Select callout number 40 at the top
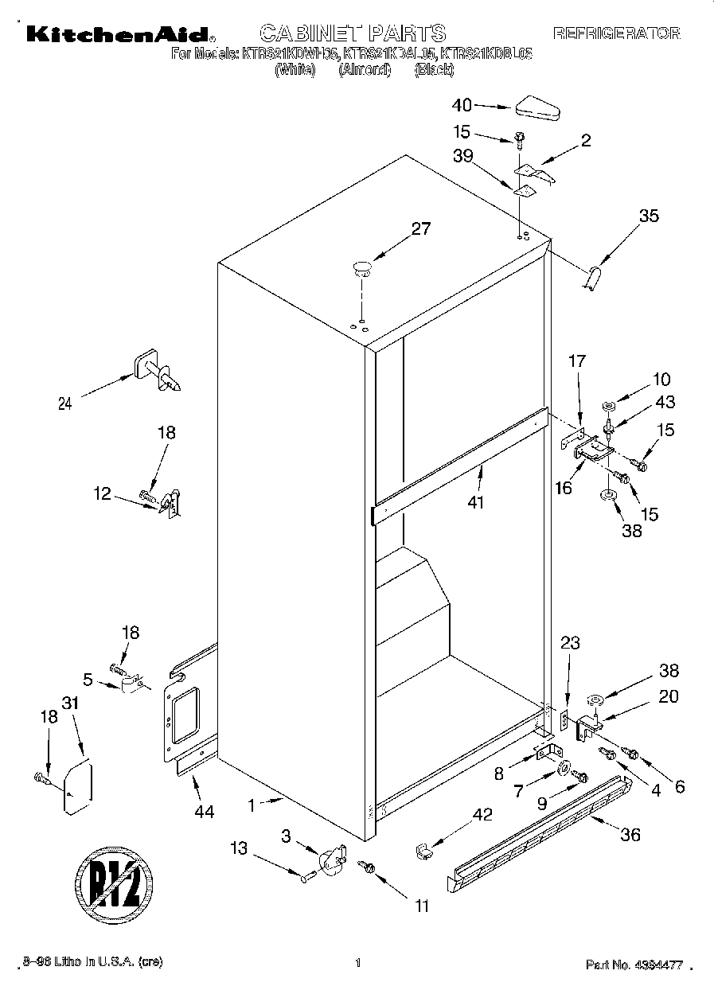click(462, 105)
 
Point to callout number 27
click(420, 229)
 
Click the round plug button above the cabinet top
click(362, 267)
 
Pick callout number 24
click(65, 403)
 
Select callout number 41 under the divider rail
click(478, 502)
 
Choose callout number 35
click(649, 215)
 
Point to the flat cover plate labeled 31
click(78, 787)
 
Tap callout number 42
click(482, 815)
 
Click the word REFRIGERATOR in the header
click(617, 33)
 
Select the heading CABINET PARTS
click(353, 33)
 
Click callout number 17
click(576, 361)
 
